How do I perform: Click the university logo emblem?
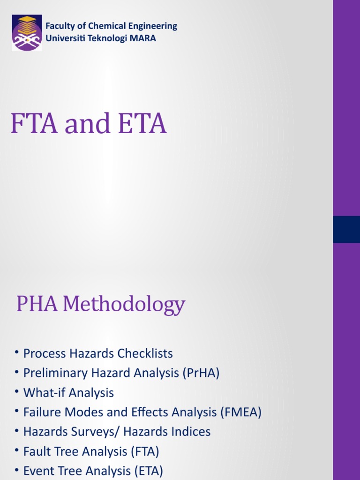[x=27, y=33]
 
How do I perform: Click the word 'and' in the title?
[x=88, y=125]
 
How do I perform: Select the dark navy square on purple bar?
[x=346, y=229]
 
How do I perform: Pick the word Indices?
[x=190, y=432]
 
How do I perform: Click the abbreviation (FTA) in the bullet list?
[x=144, y=452]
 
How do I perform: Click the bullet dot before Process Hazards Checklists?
[x=17, y=353]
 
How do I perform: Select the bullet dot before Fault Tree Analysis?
[x=17, y=451]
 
